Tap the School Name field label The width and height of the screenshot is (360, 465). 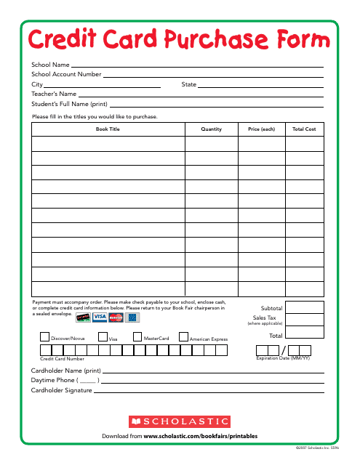tap(50, 65)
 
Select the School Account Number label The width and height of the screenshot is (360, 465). tap(66, 74)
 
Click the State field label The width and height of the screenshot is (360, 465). tap(189, 84)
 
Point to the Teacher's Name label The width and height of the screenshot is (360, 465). tap(54, 94)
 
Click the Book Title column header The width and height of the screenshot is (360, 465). tap(108, 129)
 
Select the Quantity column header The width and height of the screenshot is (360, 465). tap(212, 129)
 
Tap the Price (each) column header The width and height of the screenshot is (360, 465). tap(262, 129)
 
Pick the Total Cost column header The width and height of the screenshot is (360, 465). tap(304, 129)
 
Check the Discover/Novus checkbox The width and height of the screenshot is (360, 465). tap(44, 336)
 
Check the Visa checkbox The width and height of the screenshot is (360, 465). tap(103, 336)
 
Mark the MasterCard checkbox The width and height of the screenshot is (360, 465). tap(137, 336)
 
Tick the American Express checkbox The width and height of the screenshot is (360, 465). tap(183, 336)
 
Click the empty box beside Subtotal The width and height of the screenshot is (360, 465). tap(304, 307)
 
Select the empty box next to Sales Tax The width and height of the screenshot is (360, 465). tap(304, 320)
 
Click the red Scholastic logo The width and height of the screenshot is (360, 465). tap(180, 421)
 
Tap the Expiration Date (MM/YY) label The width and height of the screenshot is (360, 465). tap(283, 358)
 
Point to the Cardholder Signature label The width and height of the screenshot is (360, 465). tap(62, 390)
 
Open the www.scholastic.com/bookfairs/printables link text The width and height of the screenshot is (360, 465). tap(201, 436)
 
